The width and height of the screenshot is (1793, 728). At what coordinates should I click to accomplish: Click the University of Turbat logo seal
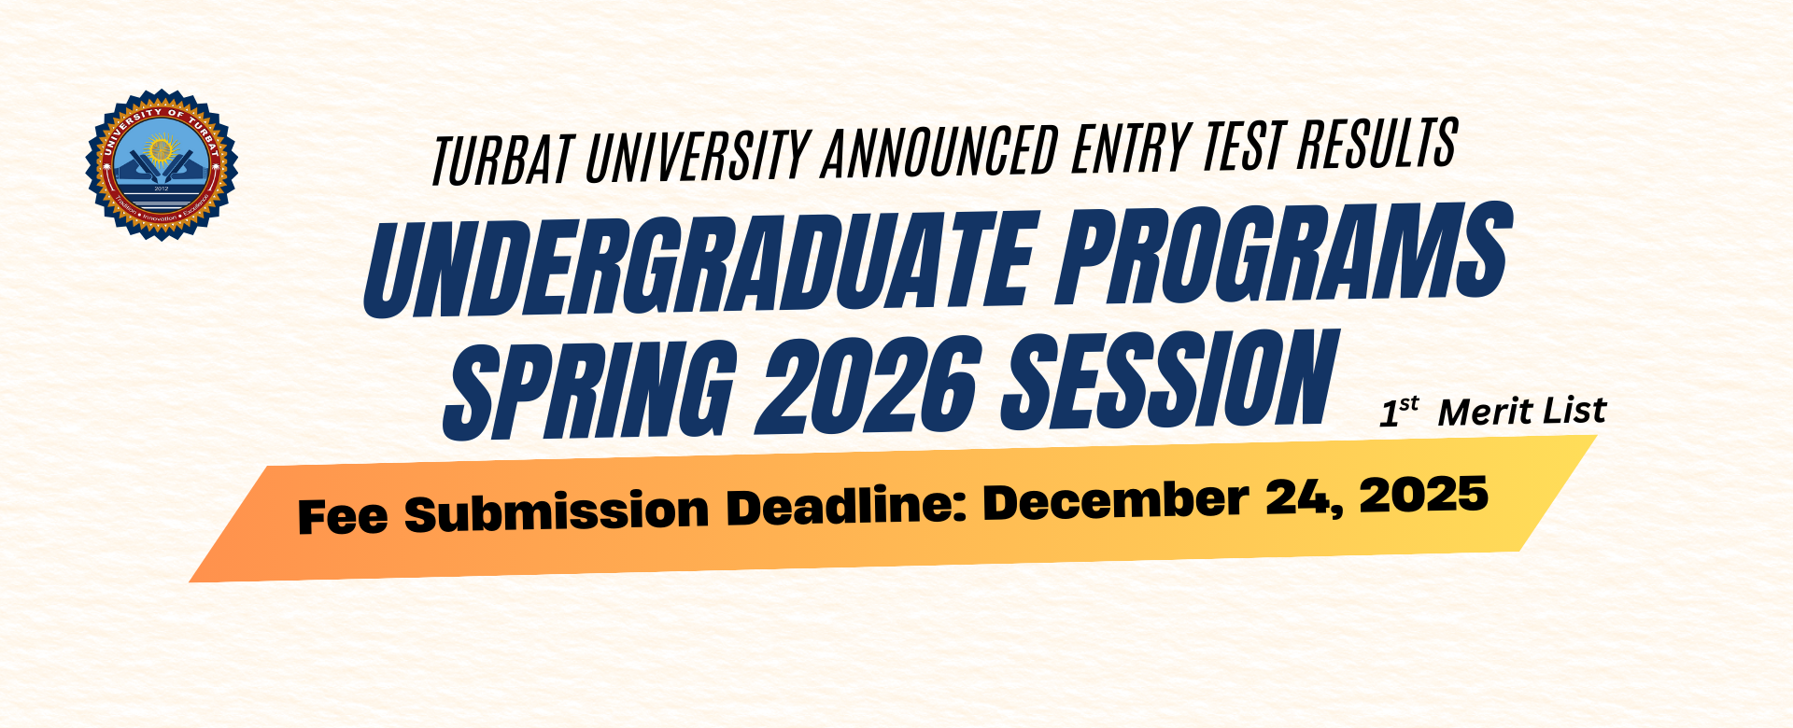click(162, 164)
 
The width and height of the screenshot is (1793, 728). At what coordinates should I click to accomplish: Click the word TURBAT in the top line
click(502, 159)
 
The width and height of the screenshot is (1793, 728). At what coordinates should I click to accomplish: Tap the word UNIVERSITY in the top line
click(697, 153)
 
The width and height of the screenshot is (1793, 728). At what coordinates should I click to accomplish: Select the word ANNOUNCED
click(939, 149)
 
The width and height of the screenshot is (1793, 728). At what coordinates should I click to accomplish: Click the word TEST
click(1243, 145)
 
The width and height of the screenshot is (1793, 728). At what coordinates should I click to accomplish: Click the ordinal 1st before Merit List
click(1398, 412)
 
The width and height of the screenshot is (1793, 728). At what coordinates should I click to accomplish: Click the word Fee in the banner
click(342, 516)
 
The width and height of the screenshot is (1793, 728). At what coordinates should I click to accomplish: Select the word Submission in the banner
click(557, 511)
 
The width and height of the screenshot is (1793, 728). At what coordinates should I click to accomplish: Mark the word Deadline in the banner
click(846, 505)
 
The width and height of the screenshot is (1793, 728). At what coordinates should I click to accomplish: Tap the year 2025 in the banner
click(1424, 494)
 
